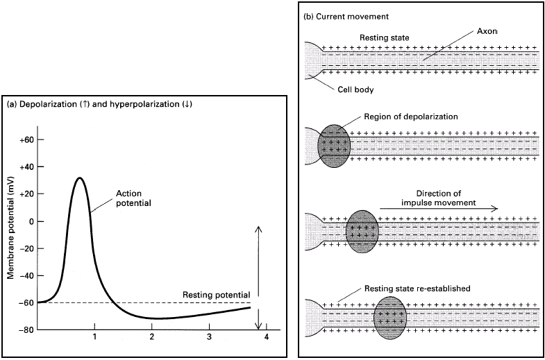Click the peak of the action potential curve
click(80, 178)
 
